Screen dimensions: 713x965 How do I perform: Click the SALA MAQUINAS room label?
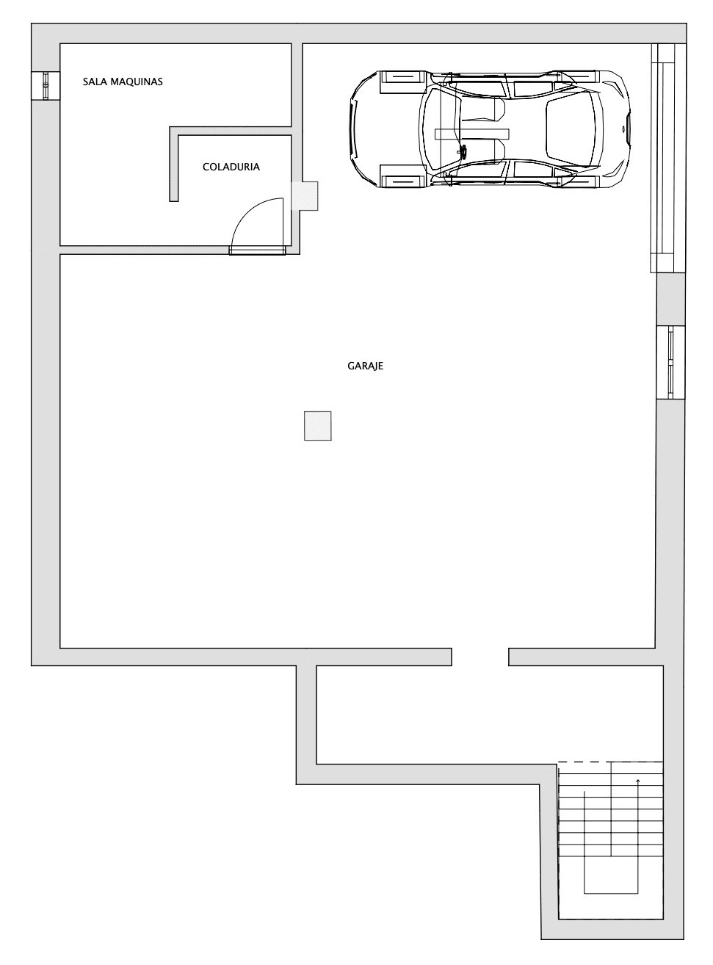point(123,82)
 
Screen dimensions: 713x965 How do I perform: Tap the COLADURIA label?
point(231,167)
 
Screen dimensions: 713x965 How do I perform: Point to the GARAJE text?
point(365,366)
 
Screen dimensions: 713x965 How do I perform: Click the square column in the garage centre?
point(317,426)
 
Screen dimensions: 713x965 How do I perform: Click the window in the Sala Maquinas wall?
point(46,85)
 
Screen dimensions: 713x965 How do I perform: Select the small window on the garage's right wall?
point(670,362)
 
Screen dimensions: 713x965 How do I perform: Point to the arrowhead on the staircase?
point(638,781)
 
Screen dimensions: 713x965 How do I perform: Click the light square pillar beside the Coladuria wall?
point(305,196)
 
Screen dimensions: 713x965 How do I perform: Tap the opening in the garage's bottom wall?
point(479,657)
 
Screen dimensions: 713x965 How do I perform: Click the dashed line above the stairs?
point(610,762)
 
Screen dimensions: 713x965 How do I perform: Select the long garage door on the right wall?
point(667,158)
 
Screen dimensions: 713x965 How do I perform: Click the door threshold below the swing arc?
point(258,250)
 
